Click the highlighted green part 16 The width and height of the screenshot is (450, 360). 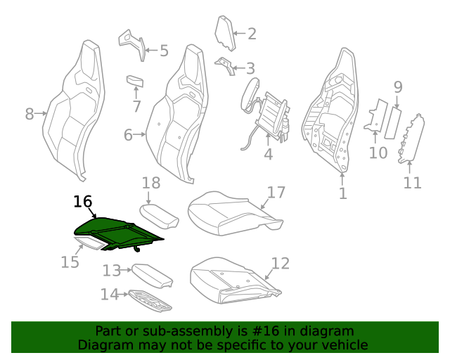click(116, 231)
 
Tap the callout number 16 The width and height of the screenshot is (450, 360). click(83, 202)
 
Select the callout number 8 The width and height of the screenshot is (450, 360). click(29, 113)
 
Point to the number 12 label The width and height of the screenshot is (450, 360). click(281, 264)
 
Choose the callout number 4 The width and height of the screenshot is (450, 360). click(268, 154)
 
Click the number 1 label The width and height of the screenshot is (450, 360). click(342, 193)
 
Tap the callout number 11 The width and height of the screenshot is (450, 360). click(412, 183)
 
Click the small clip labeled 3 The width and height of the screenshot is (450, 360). click(224, 64)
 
